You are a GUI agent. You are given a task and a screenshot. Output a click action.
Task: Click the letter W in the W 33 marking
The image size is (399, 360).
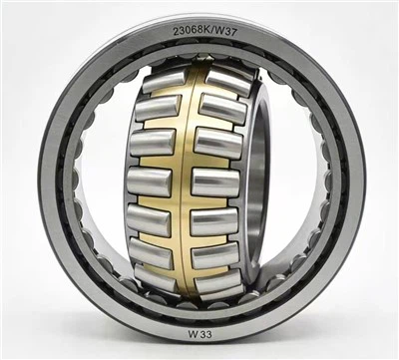tap(193, 334)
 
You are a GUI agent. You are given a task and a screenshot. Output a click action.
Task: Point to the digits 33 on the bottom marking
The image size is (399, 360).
tap(205, 334)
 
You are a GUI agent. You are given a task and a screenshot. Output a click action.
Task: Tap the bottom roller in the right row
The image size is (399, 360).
tap(218, 282)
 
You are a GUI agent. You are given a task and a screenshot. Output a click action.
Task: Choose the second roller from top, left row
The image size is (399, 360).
tap(159, 108)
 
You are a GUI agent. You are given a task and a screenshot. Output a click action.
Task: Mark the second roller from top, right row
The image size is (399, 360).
tap(223, 109)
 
